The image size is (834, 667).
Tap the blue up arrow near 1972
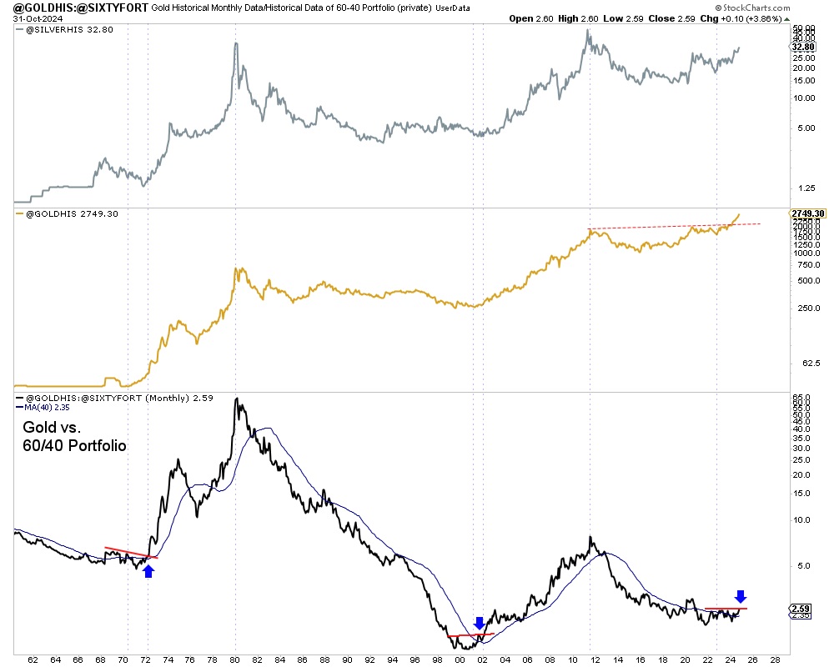[148, 570]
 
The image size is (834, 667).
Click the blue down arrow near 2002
[479, 623]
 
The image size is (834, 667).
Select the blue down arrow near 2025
[741, 596]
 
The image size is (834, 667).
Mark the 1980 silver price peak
[236, 43]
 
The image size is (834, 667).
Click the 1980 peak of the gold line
[237, 268]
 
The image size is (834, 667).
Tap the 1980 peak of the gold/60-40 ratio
[237, 399]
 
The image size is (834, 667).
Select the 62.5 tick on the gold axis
[800, 364]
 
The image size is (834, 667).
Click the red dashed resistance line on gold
[676, 226]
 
